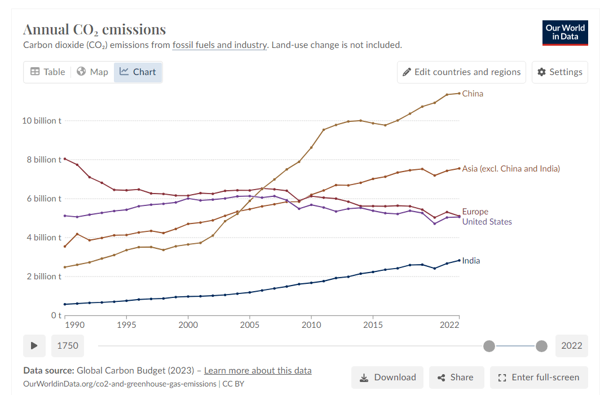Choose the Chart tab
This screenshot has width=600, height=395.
138,72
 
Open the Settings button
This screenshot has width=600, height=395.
559,72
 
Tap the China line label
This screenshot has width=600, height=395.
473,94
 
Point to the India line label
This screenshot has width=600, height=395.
471,261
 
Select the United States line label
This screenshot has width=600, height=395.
487,222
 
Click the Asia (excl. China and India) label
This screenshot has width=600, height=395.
511,169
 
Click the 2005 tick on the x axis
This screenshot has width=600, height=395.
249,325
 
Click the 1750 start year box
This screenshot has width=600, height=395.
68,345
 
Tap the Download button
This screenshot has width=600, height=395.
388,378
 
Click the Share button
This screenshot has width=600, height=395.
456,378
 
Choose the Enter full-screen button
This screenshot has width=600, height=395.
539,378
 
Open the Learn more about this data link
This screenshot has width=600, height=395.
258,371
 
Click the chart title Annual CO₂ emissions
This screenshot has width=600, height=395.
94,29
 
